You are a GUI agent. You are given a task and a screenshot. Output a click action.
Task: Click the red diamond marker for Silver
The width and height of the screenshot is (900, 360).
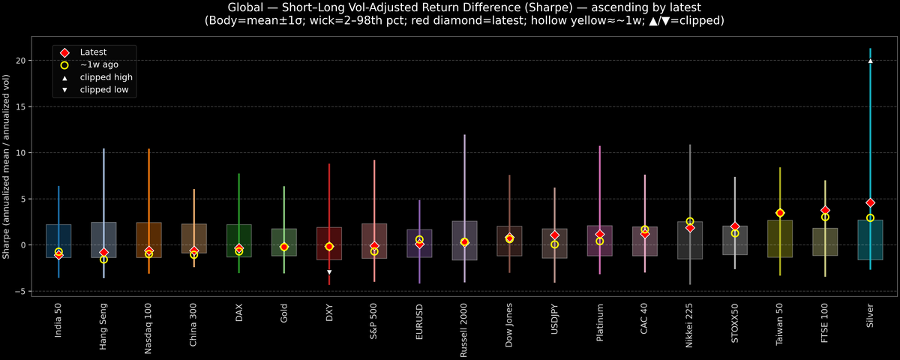(x=870, y=203)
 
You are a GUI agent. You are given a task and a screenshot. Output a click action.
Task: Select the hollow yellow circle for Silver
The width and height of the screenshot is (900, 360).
(x=870, y=217)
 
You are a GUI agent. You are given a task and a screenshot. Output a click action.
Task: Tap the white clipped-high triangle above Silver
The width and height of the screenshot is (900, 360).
(x=870, y=61)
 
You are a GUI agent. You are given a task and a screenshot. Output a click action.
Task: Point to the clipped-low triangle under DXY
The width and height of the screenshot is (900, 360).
(x=329, y=272)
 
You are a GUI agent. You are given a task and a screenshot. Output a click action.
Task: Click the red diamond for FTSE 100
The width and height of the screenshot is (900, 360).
(x=825, y=211)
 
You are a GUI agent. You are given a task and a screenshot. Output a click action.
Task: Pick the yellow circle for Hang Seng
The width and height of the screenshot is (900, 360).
(x=103, y=259)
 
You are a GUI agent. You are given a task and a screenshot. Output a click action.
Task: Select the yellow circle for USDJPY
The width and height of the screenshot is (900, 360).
(x=554, y=244)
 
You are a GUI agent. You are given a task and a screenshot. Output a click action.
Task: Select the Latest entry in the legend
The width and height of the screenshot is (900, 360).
(x=93, y=52)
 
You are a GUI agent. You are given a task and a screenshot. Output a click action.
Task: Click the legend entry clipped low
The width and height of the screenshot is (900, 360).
(x=103, y=90)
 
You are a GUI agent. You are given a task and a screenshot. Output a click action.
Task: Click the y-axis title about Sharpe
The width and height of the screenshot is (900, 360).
(x=7, y=166)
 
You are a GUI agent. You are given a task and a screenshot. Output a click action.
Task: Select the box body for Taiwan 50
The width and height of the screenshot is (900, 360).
(x=780, y=238)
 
